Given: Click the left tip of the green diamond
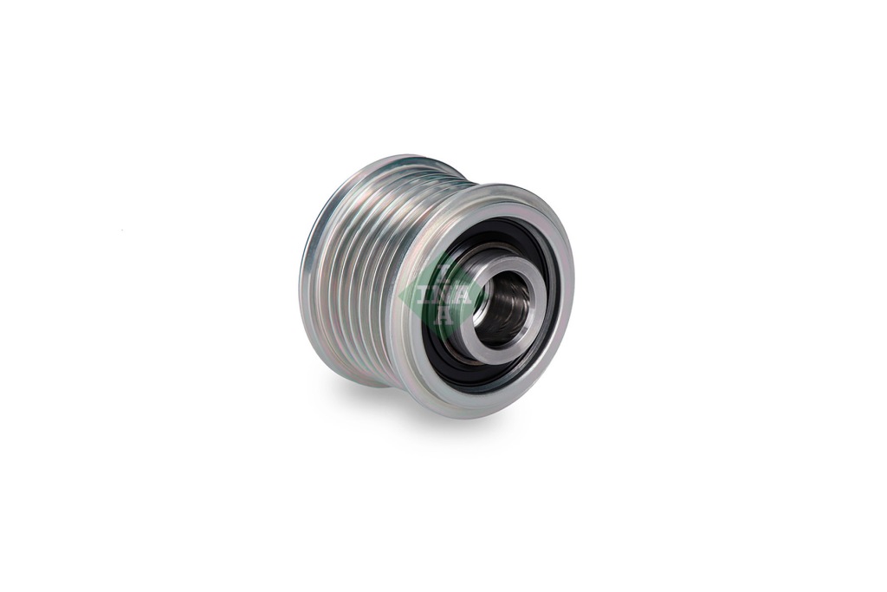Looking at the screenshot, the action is tap(398, 296).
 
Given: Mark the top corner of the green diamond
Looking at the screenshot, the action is tap(443, 252).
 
